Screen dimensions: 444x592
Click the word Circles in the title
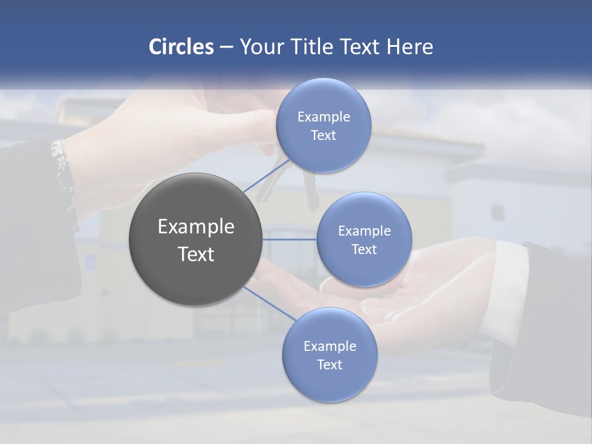(181, 47)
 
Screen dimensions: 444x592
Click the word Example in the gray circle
(196, 227)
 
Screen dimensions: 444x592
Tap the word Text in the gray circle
(196, 254)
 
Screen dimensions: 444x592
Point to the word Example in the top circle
(323, 117)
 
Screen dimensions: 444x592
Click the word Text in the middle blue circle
(364, 250)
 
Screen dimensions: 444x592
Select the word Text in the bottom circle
(329, 365)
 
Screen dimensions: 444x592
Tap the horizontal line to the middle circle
(290, 239)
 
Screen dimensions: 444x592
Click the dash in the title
(226, 47)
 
